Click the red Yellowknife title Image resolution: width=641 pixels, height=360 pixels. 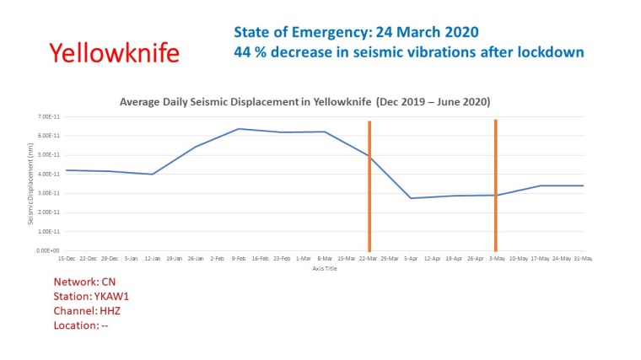tap(114, 53)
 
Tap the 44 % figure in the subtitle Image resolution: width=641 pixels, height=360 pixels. tap(246, 52)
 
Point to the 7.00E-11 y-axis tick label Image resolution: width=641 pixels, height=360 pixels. tap(43, 116)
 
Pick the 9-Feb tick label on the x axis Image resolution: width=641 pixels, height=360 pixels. tap(238, 258)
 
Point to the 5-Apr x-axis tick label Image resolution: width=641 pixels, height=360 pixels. tap(410, 258)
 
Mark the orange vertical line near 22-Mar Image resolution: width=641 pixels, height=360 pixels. tap(369, 202)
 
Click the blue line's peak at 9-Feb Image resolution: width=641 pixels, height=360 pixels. tap(239, 129)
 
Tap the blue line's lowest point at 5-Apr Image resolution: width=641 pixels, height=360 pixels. tap(411, 198)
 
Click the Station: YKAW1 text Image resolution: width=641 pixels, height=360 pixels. tap(91, 295)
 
